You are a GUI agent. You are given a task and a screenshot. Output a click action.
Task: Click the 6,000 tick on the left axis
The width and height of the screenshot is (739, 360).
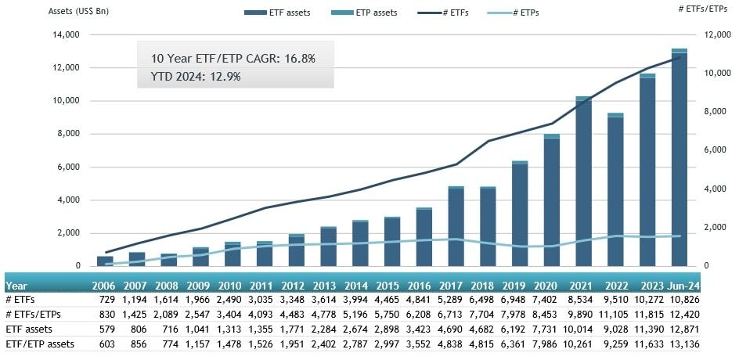[x=67, y=167]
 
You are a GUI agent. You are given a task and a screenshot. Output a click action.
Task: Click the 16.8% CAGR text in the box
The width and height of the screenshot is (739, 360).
[x=233, y=59]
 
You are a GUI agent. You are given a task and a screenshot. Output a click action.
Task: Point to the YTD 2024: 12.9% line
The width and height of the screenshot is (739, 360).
[x=195, y=76]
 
